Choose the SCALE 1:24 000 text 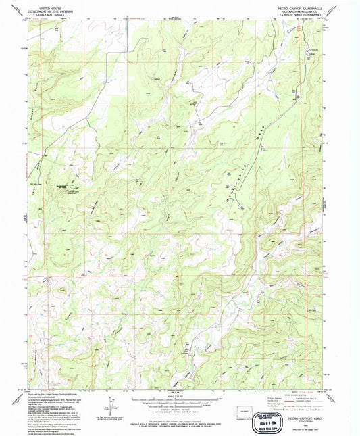pos(178,395)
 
